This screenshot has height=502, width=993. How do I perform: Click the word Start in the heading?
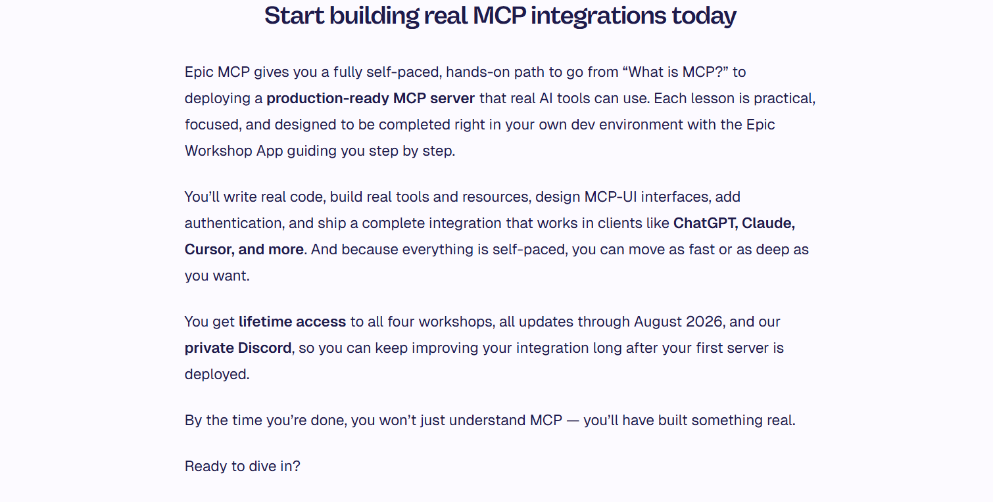point(294,16)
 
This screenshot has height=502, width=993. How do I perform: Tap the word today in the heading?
point(704,16)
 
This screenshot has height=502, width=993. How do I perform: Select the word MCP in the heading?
point(499,16)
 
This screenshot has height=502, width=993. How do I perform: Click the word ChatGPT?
point(706,223)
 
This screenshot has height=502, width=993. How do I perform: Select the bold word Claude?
point(768,223)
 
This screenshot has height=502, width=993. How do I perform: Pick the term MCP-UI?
point(610,196)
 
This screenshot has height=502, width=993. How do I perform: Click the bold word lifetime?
point(265,322)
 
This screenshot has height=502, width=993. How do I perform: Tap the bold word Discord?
point(264,348)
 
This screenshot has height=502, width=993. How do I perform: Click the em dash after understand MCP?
point(573,421)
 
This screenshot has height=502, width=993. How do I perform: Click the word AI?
point(546,98)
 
